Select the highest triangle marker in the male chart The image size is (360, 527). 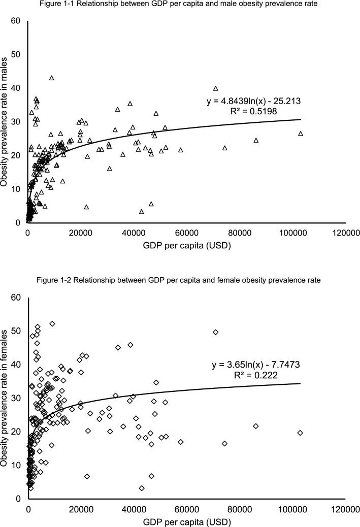pos(52,78)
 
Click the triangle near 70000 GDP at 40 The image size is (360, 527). pos(215,88)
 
